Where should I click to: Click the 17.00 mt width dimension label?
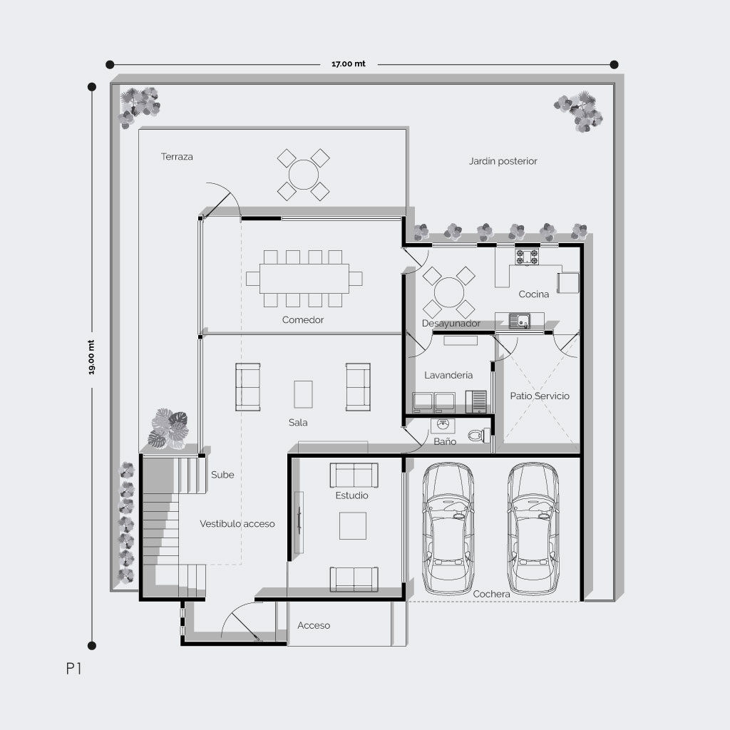pos(348,63)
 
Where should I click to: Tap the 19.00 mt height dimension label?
pos(91,357)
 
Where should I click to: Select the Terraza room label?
pos(177,156)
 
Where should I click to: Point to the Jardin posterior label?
pos(503,161)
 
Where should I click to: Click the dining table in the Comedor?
pos(304,279)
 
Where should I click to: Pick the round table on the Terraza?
pos(304,175)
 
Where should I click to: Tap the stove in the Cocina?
pos(527,257)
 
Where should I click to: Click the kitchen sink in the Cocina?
pos(520,321)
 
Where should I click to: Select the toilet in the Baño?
pos(478,436)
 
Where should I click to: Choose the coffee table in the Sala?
pos(303,394)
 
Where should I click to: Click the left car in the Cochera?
pos(448,528)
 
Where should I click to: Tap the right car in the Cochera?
pos(533,528)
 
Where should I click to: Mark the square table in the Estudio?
pos(352,525)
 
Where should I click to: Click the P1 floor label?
pos(73,669)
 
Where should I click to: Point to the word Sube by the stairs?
pos(222,475)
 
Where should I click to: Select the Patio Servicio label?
pos(540,396)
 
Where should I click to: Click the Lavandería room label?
pos(448,375)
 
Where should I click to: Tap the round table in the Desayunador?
pos(449,292)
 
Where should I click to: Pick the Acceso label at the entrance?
pos(314,625)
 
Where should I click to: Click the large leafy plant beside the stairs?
pos(168,428)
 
